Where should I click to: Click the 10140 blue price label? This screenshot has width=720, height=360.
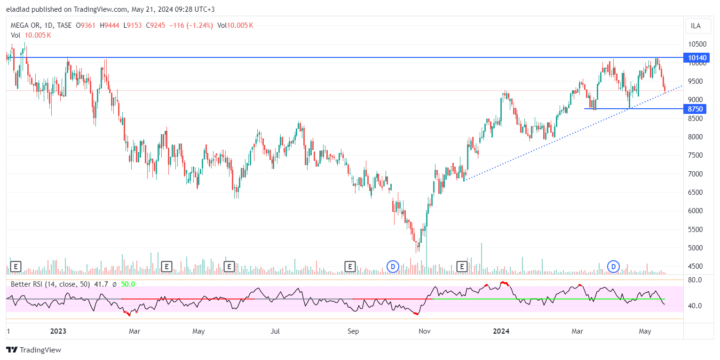[697, 58]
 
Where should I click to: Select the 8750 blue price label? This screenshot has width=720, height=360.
[695, 109]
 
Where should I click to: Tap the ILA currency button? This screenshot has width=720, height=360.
[696, 26]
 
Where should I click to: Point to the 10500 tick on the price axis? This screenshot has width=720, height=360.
[697, 44]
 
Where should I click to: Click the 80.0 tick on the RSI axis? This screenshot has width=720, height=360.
[695, 280]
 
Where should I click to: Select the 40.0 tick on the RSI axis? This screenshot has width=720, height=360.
[695, 306]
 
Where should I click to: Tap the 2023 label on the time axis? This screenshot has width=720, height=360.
[58, 331]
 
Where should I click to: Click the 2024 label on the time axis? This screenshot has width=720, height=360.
[501, 331]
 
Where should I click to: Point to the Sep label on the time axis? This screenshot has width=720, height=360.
[353, 331]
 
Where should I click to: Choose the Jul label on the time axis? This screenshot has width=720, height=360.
[275, 331]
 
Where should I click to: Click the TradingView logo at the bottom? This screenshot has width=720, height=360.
[33, 350]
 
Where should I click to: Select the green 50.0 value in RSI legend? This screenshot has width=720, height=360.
[128, 284]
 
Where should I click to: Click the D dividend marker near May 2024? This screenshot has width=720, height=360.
[613, 267]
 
